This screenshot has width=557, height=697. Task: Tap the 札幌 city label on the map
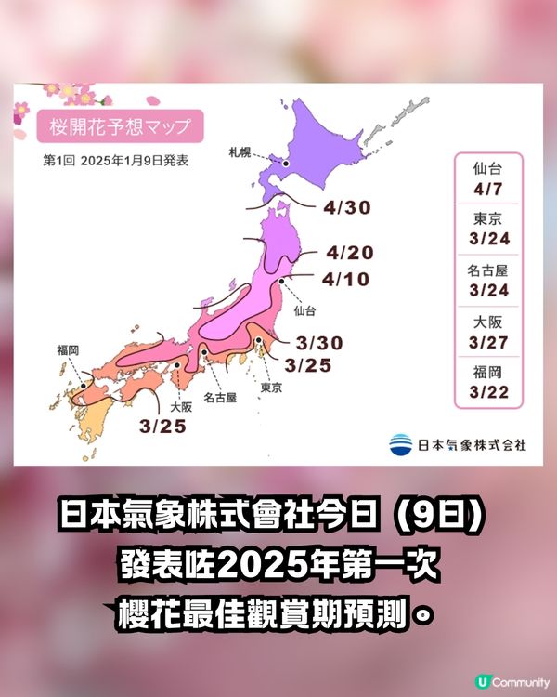point(240,150)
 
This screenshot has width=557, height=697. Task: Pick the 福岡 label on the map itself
point(68,350)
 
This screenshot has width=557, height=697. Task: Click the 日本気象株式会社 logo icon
point(401,444)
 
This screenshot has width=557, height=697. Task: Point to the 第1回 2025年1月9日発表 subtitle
point(116,160)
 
